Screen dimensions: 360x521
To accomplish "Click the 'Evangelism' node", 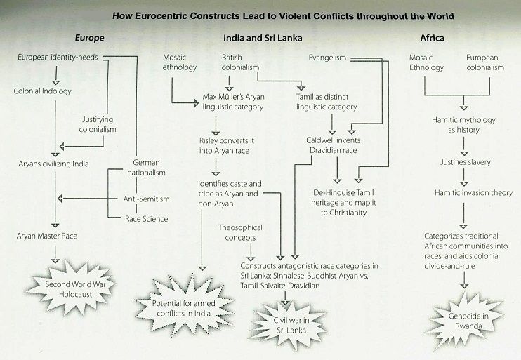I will pyautogui.click(x=327, y=58).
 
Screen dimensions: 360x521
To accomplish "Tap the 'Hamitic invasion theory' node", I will pyautogui.click(x=473, y=192).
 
